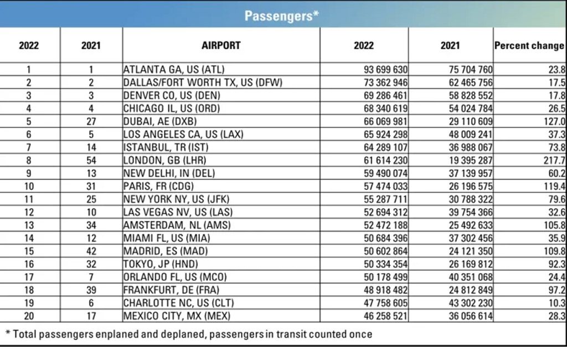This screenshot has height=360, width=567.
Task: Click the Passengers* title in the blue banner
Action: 281,16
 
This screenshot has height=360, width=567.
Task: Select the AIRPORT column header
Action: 221,45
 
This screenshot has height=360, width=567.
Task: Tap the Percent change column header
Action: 529,45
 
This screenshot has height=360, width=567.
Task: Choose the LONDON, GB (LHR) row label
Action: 164,160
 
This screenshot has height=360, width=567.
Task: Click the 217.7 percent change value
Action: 555,160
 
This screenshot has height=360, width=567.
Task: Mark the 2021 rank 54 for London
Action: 91,160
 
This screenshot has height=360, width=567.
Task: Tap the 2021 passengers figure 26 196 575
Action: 470,186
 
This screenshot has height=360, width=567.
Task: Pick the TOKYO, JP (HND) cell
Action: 161,264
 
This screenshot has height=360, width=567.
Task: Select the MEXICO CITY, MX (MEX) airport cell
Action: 176,316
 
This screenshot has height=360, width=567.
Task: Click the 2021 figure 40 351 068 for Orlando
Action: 470,276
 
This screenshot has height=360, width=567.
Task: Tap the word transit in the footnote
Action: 290,334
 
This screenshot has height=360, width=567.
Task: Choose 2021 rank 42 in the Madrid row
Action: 91,250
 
